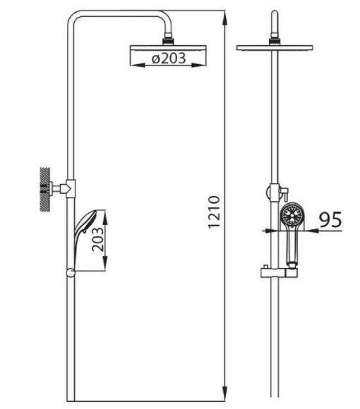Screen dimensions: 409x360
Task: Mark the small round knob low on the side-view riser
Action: point(70,274)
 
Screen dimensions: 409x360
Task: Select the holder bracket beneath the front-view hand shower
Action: point(277,271)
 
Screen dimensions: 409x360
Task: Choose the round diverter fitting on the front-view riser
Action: point(272,191)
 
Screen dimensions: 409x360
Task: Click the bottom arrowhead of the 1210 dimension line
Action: point(224,398)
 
